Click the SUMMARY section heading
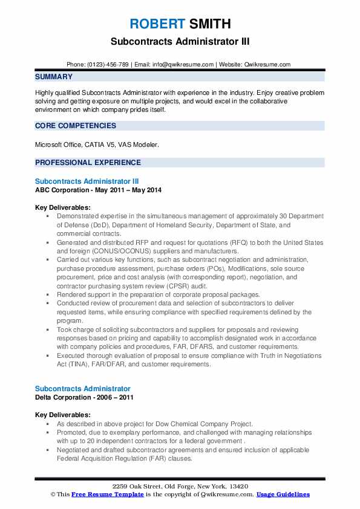pyautogui.click(x=54, y=77)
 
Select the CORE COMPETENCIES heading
pyautogui.click(x=76, y=126)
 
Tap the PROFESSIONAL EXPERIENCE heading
pyautogui.click(x=88, y=162)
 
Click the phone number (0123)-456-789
pyautogui.click(x=108, y=64)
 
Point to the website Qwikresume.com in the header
pyautogui.click(x=268, y=64)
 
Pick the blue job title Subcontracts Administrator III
pyautogui.click(x=87, y=181)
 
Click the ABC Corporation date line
pyautogui.click(x=98, y=189)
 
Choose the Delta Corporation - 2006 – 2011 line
pyautogui.click(x=84, y=397)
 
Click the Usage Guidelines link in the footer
pyautogui.click(x=283, y=494)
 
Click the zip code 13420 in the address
pyautogui.click(x=238, y=486)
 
